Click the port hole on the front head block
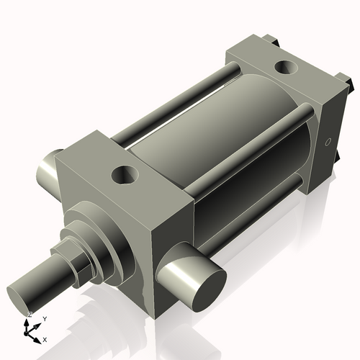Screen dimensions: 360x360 point(127,174)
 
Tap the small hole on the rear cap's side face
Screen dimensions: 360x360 point(328,143)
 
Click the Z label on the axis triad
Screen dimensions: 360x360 point(30,315)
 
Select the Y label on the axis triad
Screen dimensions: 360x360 point(44,318)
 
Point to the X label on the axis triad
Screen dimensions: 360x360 point(45,338)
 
